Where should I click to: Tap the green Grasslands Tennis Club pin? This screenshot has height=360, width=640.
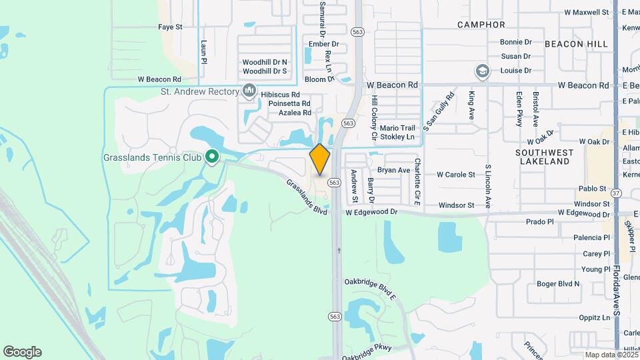212,157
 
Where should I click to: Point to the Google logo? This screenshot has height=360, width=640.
22,352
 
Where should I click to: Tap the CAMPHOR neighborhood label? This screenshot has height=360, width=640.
481,25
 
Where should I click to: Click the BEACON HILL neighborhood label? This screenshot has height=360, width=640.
576,43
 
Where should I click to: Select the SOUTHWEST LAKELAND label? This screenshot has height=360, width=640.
544,157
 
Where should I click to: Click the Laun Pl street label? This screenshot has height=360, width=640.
204,51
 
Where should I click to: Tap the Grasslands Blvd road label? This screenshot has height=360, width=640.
307,196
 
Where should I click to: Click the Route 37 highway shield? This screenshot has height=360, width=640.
615,193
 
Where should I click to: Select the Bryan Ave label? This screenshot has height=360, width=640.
393,170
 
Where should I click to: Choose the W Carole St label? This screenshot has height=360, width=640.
455,175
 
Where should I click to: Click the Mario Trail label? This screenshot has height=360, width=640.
397,128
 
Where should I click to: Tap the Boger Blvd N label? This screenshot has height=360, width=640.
558,284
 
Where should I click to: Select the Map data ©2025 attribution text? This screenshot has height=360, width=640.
611,355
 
